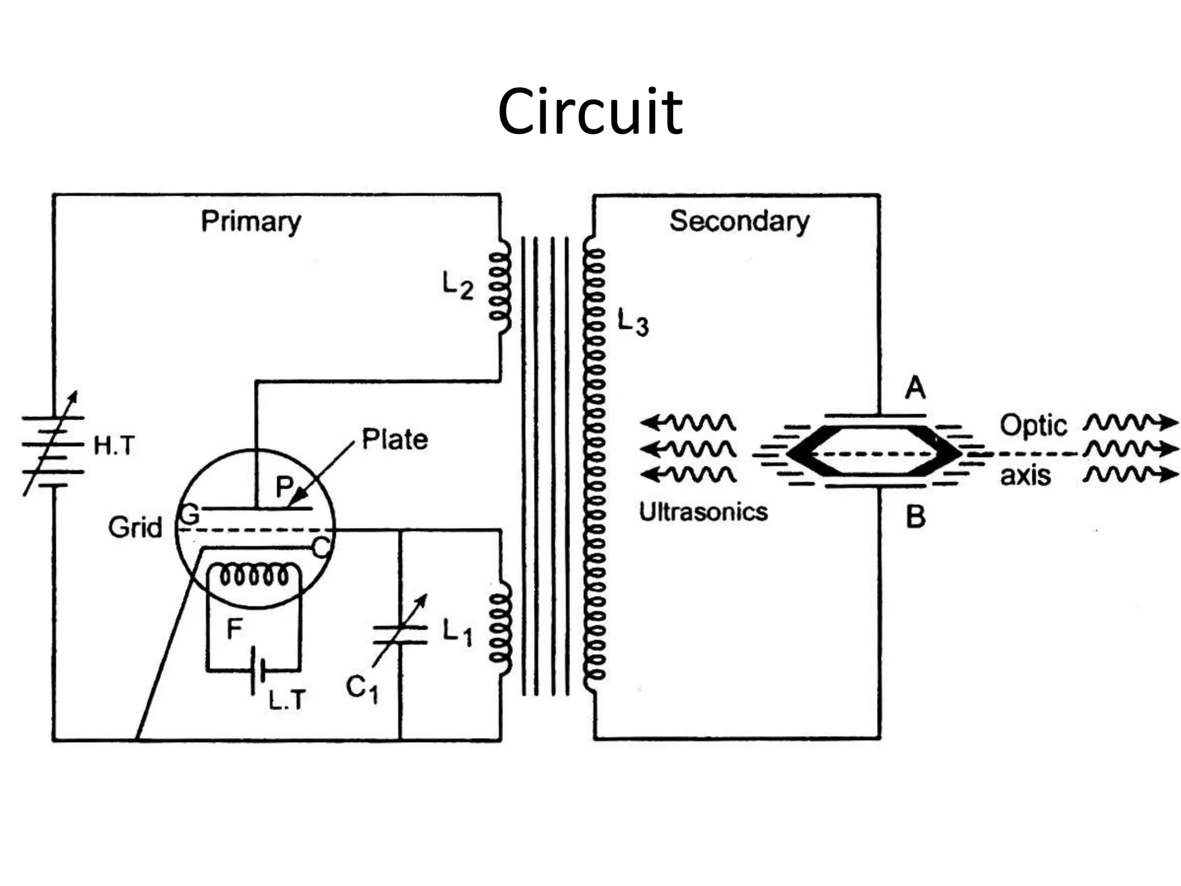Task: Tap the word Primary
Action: click(251, 221)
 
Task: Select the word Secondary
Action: click(739, 221)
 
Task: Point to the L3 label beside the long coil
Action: click(633, 322)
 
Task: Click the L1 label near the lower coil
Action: click(457, 633)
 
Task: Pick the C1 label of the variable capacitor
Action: click(362, 689)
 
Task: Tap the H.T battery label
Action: click(114, 446)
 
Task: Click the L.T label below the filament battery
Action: click(287, 700)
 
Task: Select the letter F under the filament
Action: click(234, 629)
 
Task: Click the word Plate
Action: click(394, 440)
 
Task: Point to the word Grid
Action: click(135, 528)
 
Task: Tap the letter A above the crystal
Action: click(915, 388)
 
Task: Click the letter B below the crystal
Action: click(915, 517)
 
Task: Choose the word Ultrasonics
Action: click(703, 512)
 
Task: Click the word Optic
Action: click(1033, 426)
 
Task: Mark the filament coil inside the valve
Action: click(254, 575)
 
